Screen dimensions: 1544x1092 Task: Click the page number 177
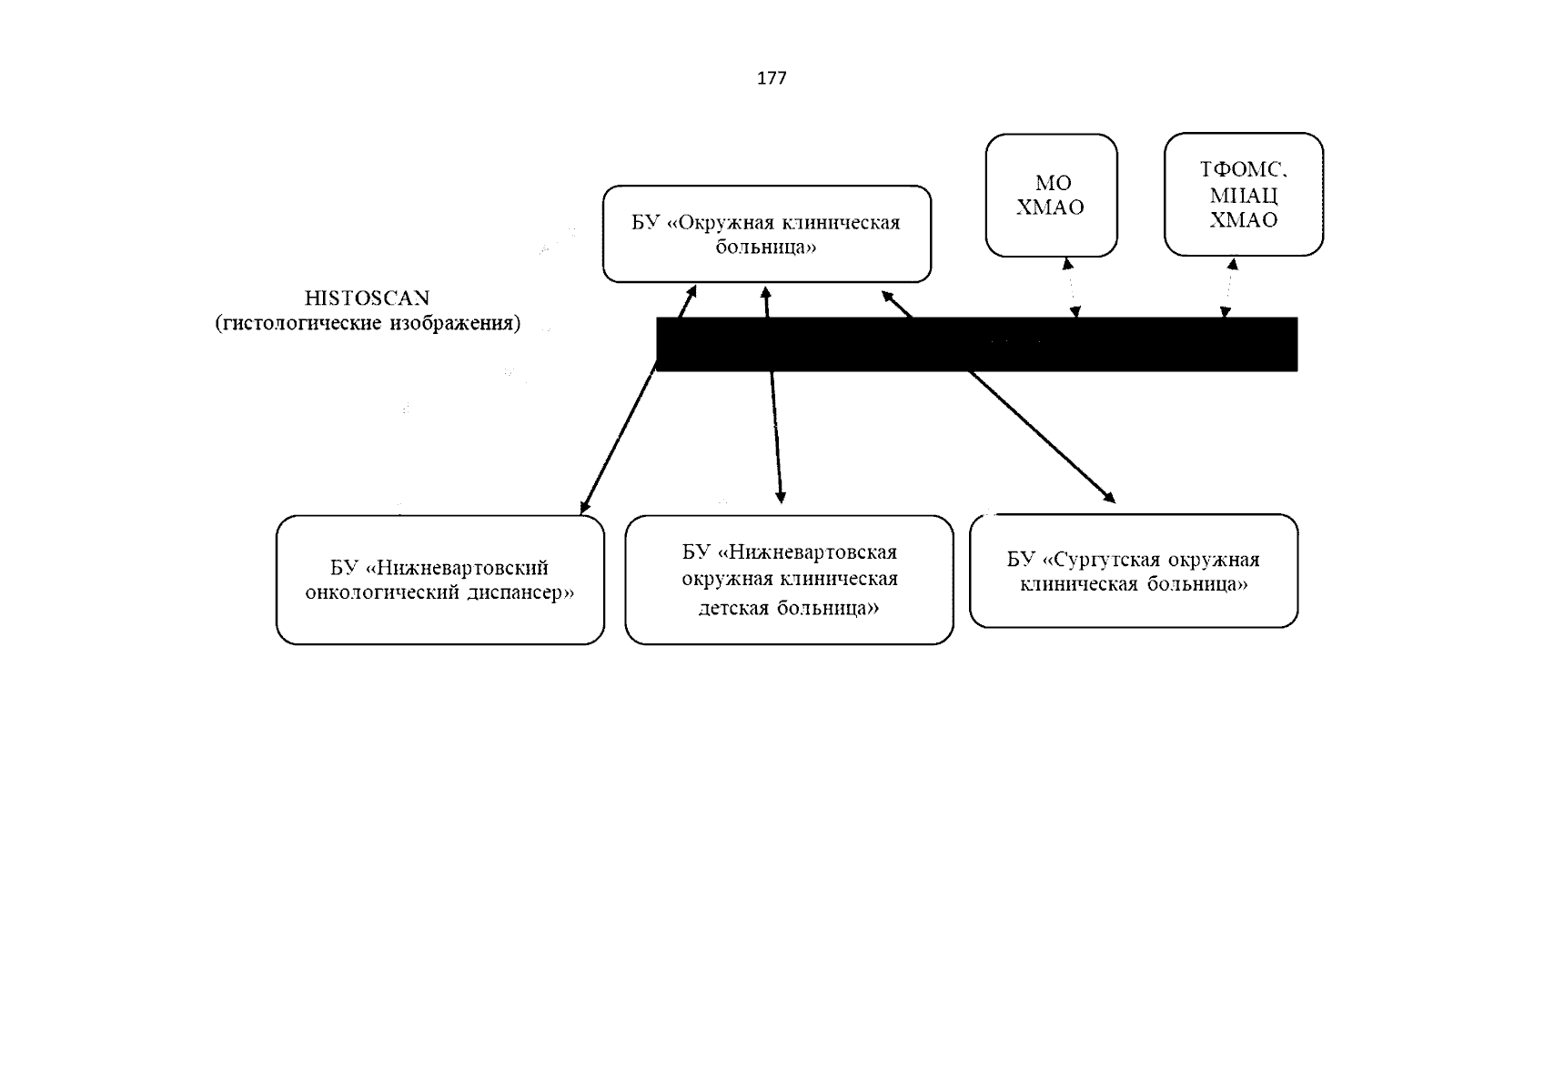pyautogui.click(x=772, y=78)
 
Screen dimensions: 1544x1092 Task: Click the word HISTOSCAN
pyautogui.click(x=368, y=298)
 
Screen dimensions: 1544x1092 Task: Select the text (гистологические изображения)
pyautogui.click(x=368, y=323)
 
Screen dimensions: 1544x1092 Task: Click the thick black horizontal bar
pyautogui.click(x=977, y=344)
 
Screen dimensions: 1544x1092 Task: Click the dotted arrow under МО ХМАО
pyautogui.click(x=1071, y=288)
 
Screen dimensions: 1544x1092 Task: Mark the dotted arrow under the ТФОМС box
pyautogui.click(x=1229, y=288)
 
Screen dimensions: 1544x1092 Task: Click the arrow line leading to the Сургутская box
pyautogui.click(x=998, y=397)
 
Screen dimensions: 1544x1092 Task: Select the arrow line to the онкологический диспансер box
pyautogui.click(x=639, y=399)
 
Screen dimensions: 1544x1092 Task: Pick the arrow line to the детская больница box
pyautogui.click(x=773, y=395)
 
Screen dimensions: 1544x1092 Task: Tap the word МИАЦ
pyautogui.click(x=1244, y=196)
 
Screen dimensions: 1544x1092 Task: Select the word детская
pyautogui.click(x=735, y=608)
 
